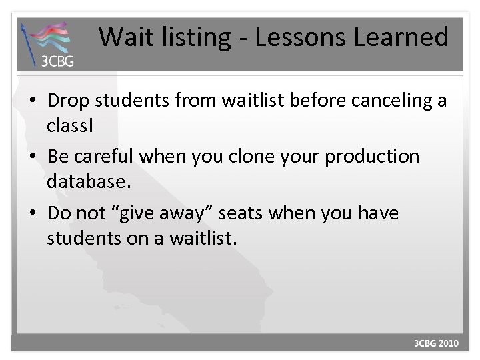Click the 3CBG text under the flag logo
[x=58, y=63]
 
